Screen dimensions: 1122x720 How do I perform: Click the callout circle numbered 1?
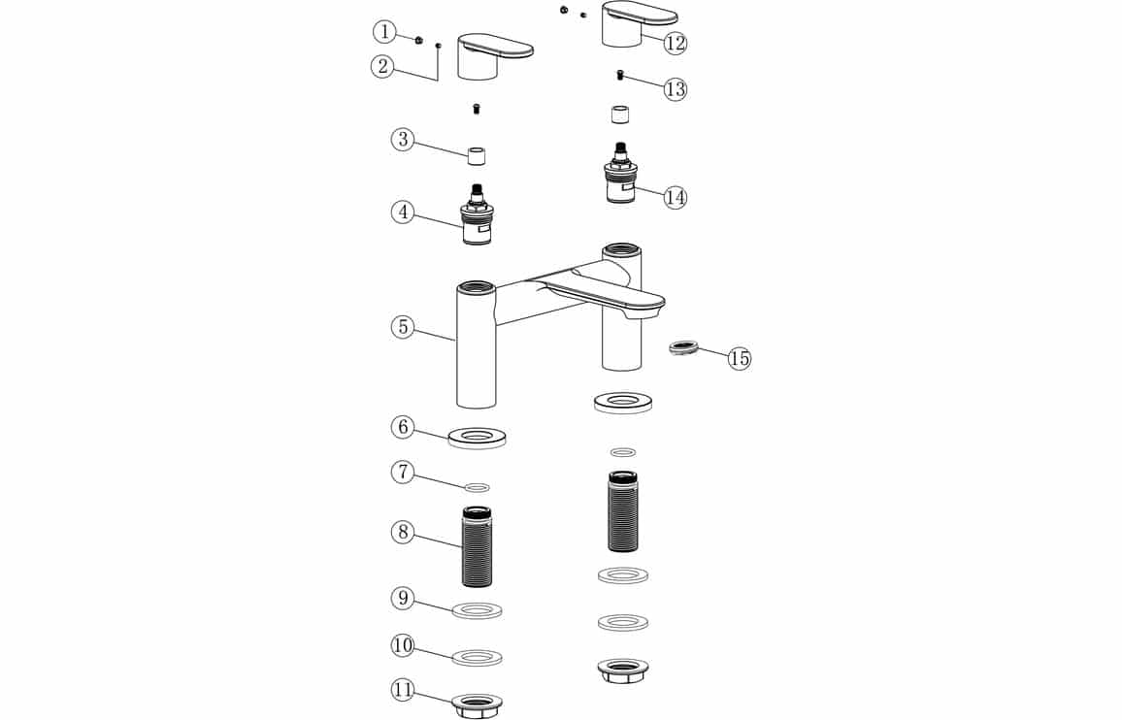[x=384, y=32]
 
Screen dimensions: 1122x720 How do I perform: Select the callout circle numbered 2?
[x=382, y=67]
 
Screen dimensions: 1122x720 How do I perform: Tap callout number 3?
[x=403, y=139]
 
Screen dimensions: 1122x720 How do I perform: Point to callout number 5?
[x=403, y=327]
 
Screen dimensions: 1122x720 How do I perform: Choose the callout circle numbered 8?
[x=403, y=532]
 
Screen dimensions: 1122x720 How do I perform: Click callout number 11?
[x=403, y=690]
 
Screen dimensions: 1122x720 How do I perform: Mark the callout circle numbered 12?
[x=675, y=43]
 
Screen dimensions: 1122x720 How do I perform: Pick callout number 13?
[x=675, y=89]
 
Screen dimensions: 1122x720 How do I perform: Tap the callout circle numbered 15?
[x=740, y=358]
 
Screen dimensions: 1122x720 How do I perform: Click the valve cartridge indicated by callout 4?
[x=477, y=214]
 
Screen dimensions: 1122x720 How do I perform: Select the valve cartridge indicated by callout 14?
[x=621, y=173]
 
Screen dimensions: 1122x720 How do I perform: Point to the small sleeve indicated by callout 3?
[x=477, y=155]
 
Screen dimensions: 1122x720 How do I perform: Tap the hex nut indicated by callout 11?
[x=478, y=705]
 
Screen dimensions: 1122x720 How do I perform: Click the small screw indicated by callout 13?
[x=621, y=75]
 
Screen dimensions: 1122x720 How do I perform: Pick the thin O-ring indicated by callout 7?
[x=478, y=488]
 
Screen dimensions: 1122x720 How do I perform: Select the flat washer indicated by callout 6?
[x=478, y=437]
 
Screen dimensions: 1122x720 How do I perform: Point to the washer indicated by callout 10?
[x=478, y=657]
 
